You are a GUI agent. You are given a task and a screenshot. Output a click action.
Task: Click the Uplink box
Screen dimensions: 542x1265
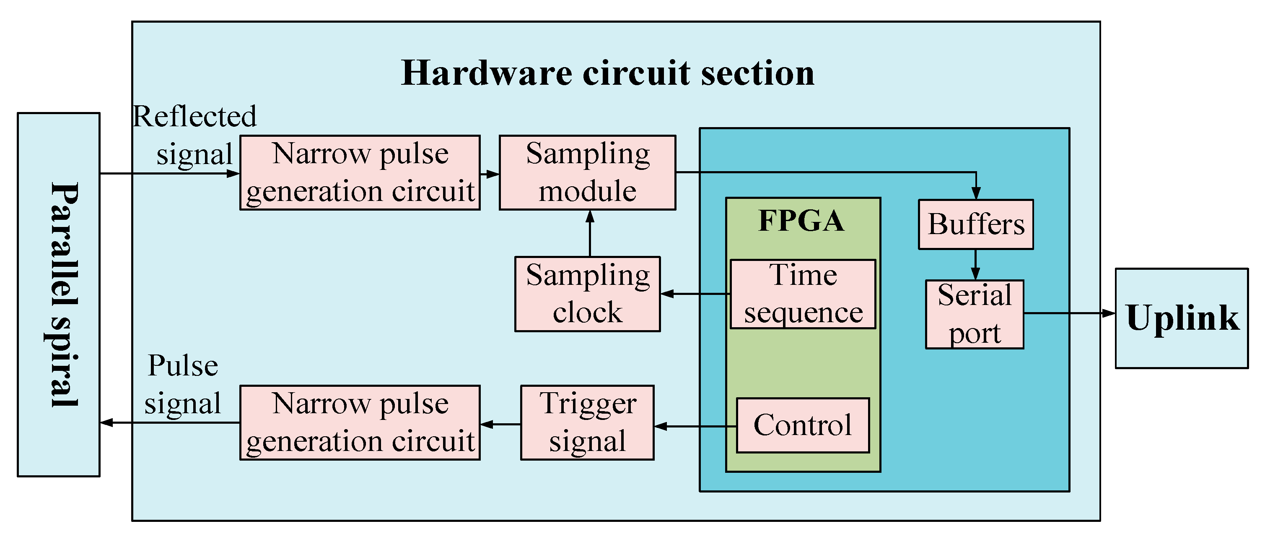[x=1181, y=318]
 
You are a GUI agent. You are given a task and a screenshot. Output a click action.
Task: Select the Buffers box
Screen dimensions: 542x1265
[x=975, y=224]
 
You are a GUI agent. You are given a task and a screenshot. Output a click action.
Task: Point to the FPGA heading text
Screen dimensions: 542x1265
[x=801, y=221]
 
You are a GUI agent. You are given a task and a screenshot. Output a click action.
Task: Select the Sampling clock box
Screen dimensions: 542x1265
[x=587, y=293]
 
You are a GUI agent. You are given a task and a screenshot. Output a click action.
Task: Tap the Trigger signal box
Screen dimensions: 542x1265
[x=587, y=422]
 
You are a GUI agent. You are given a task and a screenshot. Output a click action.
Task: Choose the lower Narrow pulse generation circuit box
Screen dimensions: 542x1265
[x=360, y=422]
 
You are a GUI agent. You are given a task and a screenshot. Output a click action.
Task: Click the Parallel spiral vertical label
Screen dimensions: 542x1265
[x=64, y=295]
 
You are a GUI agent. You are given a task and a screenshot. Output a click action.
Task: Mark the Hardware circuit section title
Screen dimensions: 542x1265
[x=607, y=73]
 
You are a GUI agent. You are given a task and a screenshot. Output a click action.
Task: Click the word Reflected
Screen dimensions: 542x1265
[x=194, y=117]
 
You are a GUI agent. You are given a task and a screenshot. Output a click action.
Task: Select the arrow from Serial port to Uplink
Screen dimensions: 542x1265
[x=1068, y=313]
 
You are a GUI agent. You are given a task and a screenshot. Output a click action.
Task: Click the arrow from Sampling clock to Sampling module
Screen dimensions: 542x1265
[x=590, y=233]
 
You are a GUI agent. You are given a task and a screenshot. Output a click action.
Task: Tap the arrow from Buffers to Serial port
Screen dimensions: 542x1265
[x=975, y=264]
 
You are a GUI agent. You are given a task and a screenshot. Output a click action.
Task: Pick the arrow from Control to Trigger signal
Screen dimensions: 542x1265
[x=695, y=426]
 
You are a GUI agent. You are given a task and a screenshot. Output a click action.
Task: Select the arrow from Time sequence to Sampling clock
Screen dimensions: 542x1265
[x=695, y=294]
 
